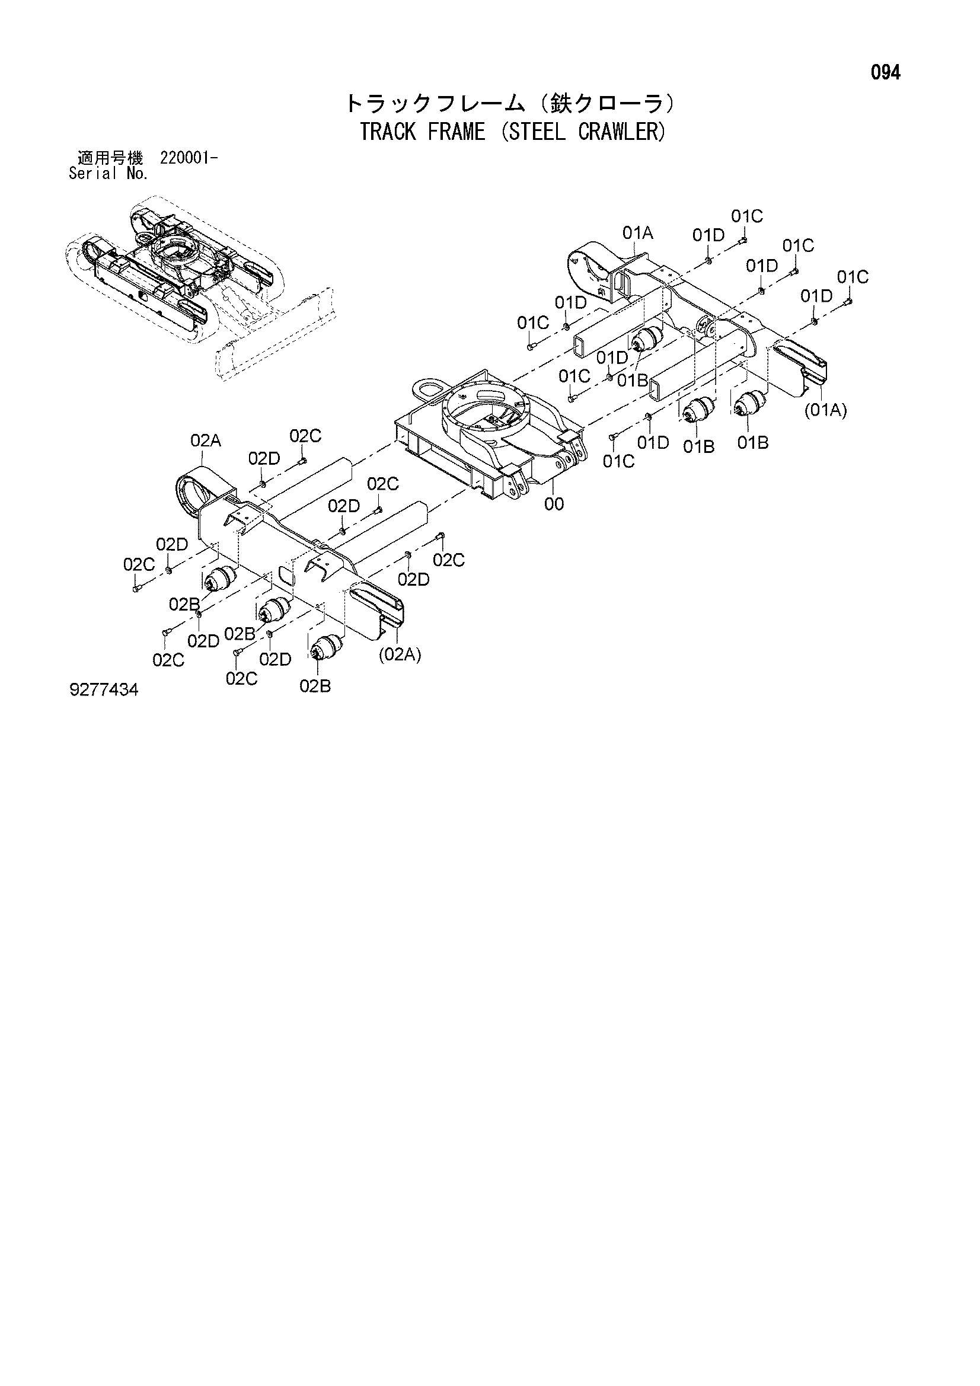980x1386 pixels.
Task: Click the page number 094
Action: (885, 73)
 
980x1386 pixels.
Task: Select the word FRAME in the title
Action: (457, 132)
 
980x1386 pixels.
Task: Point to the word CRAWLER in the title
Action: (617, 132)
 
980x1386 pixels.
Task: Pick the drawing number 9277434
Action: (104, 690)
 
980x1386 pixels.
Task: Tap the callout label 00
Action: (554, 504)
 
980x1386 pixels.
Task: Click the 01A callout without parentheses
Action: (638, 233)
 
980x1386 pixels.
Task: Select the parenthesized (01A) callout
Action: (825, 410)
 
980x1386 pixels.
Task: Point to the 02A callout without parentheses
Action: (205, 441)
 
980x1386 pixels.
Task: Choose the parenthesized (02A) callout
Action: (400, 655)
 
